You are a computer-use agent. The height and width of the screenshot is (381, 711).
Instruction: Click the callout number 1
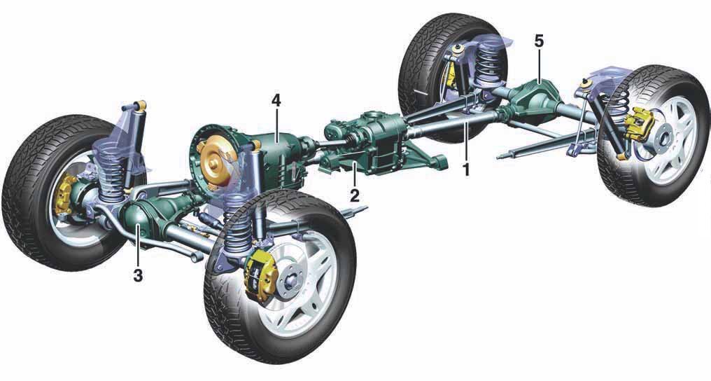click(465, 169)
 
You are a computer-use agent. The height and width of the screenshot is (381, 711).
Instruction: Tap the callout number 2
click(355, 195)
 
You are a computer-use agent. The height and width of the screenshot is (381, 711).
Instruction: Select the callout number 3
click(138, 275)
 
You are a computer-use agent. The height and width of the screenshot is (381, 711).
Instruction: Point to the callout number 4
click(276, 101)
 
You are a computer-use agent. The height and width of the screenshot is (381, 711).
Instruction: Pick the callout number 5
click(539, 41)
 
